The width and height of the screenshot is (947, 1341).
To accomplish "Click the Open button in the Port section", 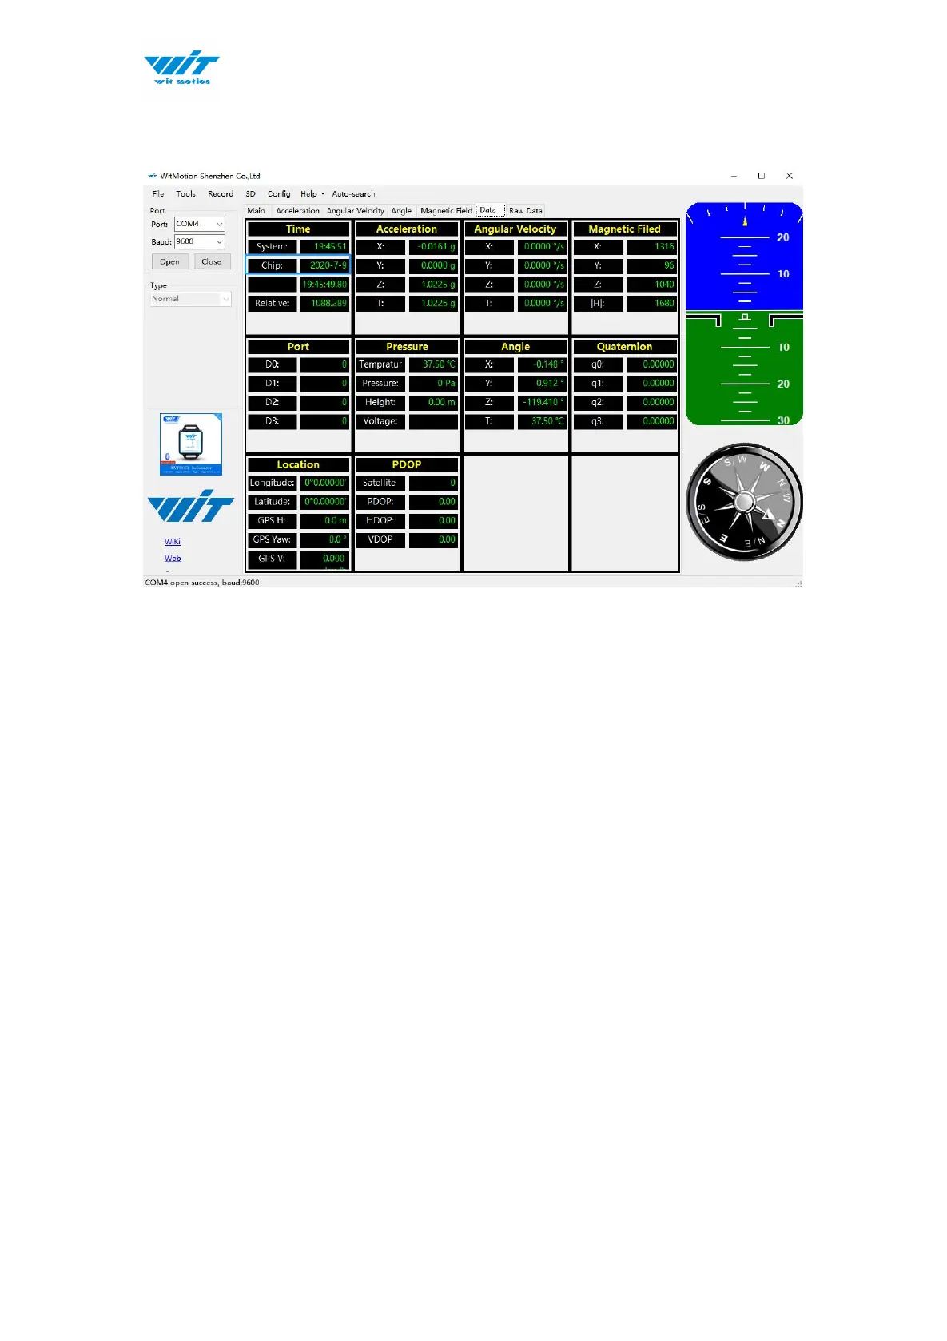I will point(169,261).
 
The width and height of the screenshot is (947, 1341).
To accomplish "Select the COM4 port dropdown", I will point(199,224).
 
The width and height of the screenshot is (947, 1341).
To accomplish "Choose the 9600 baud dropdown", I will point(199,241).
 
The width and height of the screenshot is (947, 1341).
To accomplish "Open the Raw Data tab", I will point(525,211).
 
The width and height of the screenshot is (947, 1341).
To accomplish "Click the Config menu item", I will point(279,194).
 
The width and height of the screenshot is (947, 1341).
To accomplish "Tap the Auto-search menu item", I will point(353,194).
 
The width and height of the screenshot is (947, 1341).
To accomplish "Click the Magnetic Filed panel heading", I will point(624,229).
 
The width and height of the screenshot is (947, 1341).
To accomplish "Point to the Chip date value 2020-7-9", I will point(325,265).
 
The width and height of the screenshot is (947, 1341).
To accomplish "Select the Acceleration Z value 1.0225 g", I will point(434,285).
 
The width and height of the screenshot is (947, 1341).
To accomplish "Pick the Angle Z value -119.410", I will point(542,402).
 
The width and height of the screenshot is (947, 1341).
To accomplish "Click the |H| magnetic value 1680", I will point(651,304).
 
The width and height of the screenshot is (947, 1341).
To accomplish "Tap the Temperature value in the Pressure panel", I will point(434,364).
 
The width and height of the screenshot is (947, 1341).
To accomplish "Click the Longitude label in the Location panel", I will point(272,483).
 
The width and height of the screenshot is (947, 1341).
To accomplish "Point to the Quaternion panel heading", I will point(624,347).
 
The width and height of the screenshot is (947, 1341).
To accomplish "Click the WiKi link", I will point(173,542).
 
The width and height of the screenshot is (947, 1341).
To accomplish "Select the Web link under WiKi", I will point(173,559).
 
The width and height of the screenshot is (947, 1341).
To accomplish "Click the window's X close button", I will point(789,176).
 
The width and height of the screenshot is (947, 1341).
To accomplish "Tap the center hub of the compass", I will point(744,502).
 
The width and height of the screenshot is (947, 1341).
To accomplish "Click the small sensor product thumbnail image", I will point(191,444).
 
